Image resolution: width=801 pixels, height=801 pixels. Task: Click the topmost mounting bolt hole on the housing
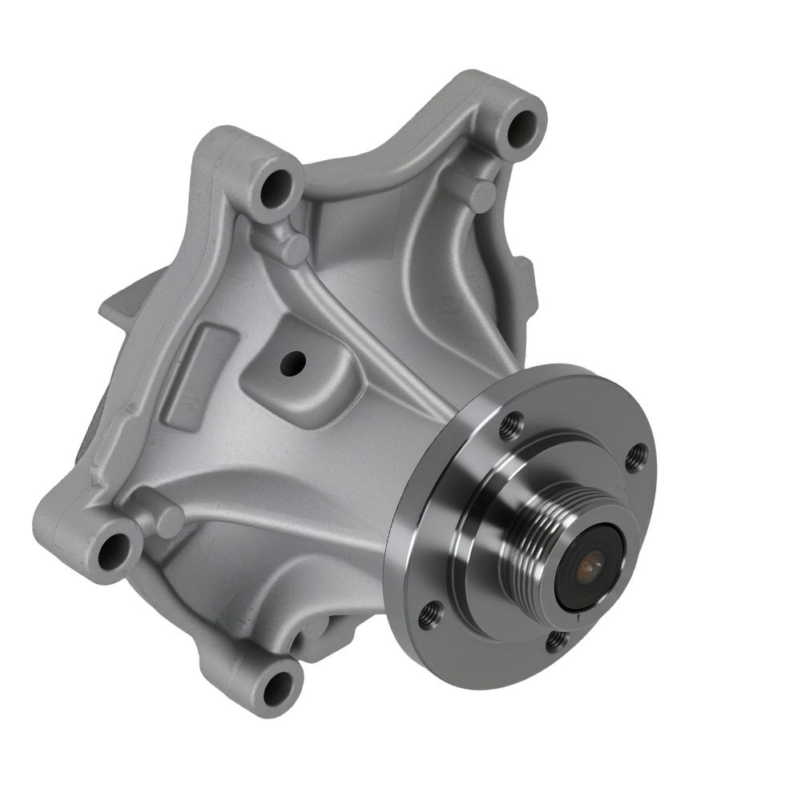[524, 123]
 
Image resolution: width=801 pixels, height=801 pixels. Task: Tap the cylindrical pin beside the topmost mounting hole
[482, 195]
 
